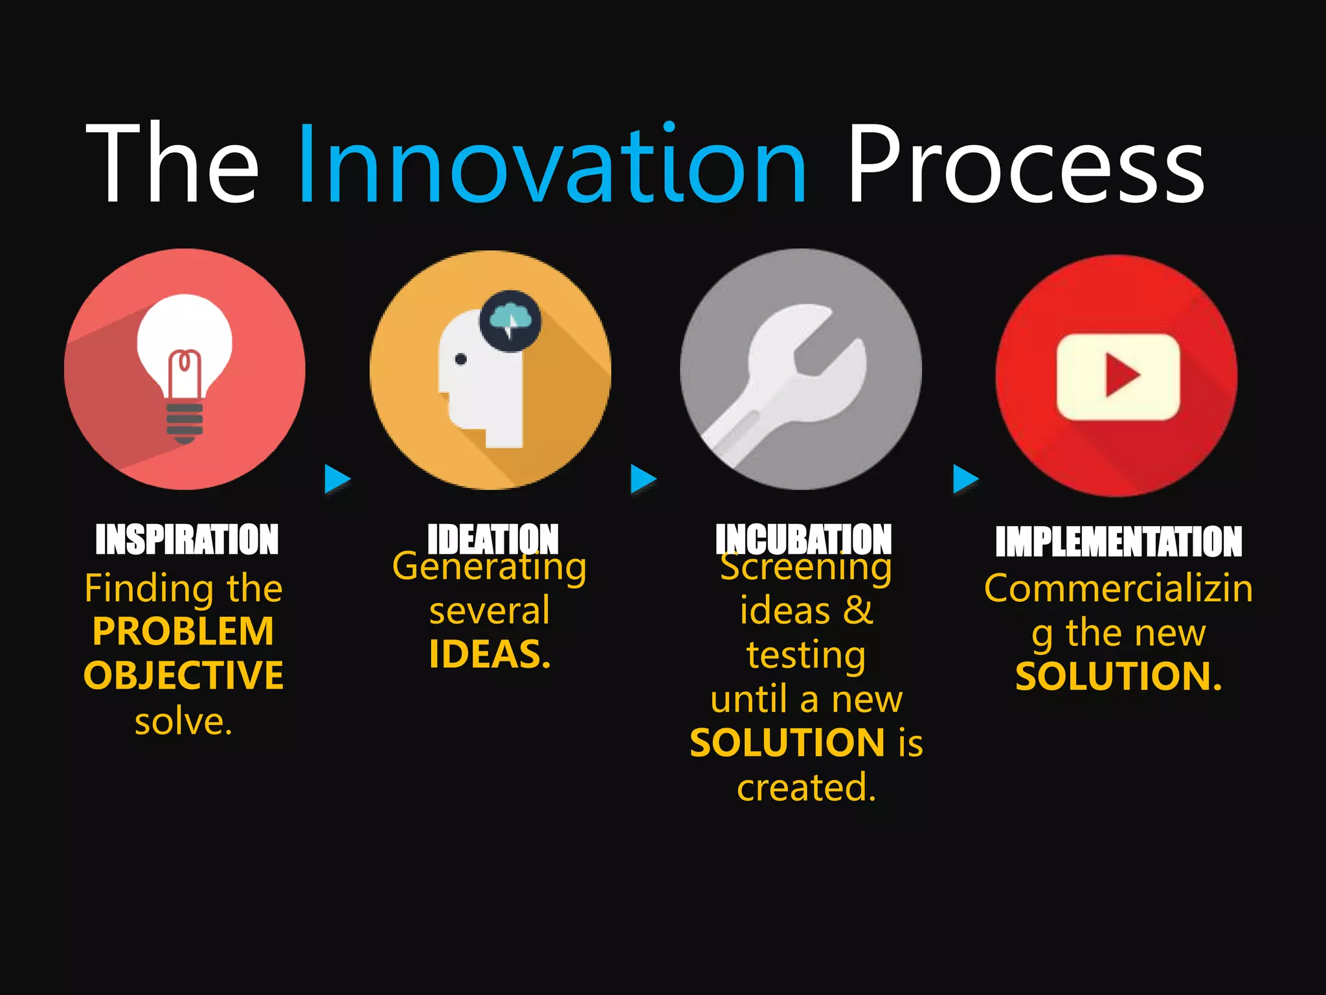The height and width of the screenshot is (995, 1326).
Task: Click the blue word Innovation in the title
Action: (x=552, y=163)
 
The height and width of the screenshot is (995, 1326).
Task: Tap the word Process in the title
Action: (x=1026, y=163)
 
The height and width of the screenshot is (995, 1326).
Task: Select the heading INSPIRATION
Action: (x=186, y=540)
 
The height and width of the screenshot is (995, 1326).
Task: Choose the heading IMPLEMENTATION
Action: (x=1118, y=542)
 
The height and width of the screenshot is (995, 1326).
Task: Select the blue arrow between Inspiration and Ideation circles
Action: (x=337, y=479)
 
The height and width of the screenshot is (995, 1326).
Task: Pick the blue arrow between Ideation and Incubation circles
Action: (x=643, y=479)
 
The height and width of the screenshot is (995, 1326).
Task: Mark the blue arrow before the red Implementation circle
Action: (x=965, y=479)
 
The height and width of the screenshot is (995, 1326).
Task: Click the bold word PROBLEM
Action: (x=183, y=632)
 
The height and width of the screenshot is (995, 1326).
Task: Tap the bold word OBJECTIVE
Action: (x=183, y=676)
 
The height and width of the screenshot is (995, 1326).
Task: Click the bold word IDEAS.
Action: (x=489, y=654)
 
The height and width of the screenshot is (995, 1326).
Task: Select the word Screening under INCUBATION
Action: (x=806, y=567)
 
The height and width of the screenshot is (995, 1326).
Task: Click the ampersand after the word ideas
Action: (x=858, y=610)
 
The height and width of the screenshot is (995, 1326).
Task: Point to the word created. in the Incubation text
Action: (x=806, y=788)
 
